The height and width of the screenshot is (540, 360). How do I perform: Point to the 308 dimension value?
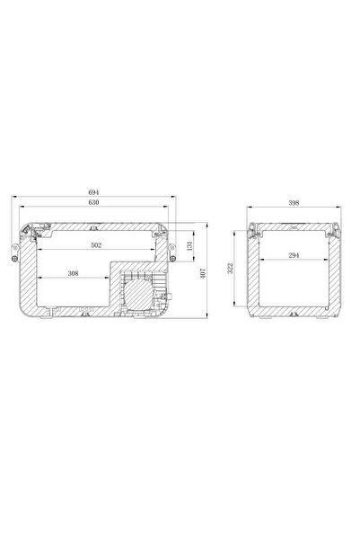[x=71, y=273]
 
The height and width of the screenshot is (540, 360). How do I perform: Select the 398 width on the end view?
[x=293, y=203]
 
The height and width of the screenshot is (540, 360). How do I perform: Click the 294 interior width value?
[x=293, y=255]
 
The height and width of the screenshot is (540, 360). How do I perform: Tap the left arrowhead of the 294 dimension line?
[x=260, y=261]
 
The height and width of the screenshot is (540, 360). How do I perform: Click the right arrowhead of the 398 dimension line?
[x=337, y=208]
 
